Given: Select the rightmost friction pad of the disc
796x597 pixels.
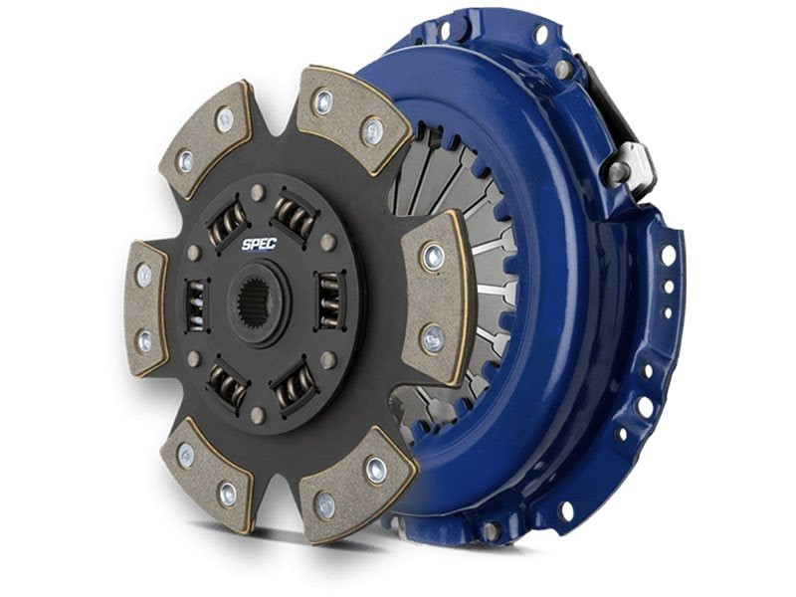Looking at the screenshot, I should pos(434,296).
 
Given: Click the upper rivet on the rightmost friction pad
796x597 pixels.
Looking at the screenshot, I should pos(432,258).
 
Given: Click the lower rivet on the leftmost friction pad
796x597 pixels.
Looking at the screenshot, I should pos(145,340).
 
